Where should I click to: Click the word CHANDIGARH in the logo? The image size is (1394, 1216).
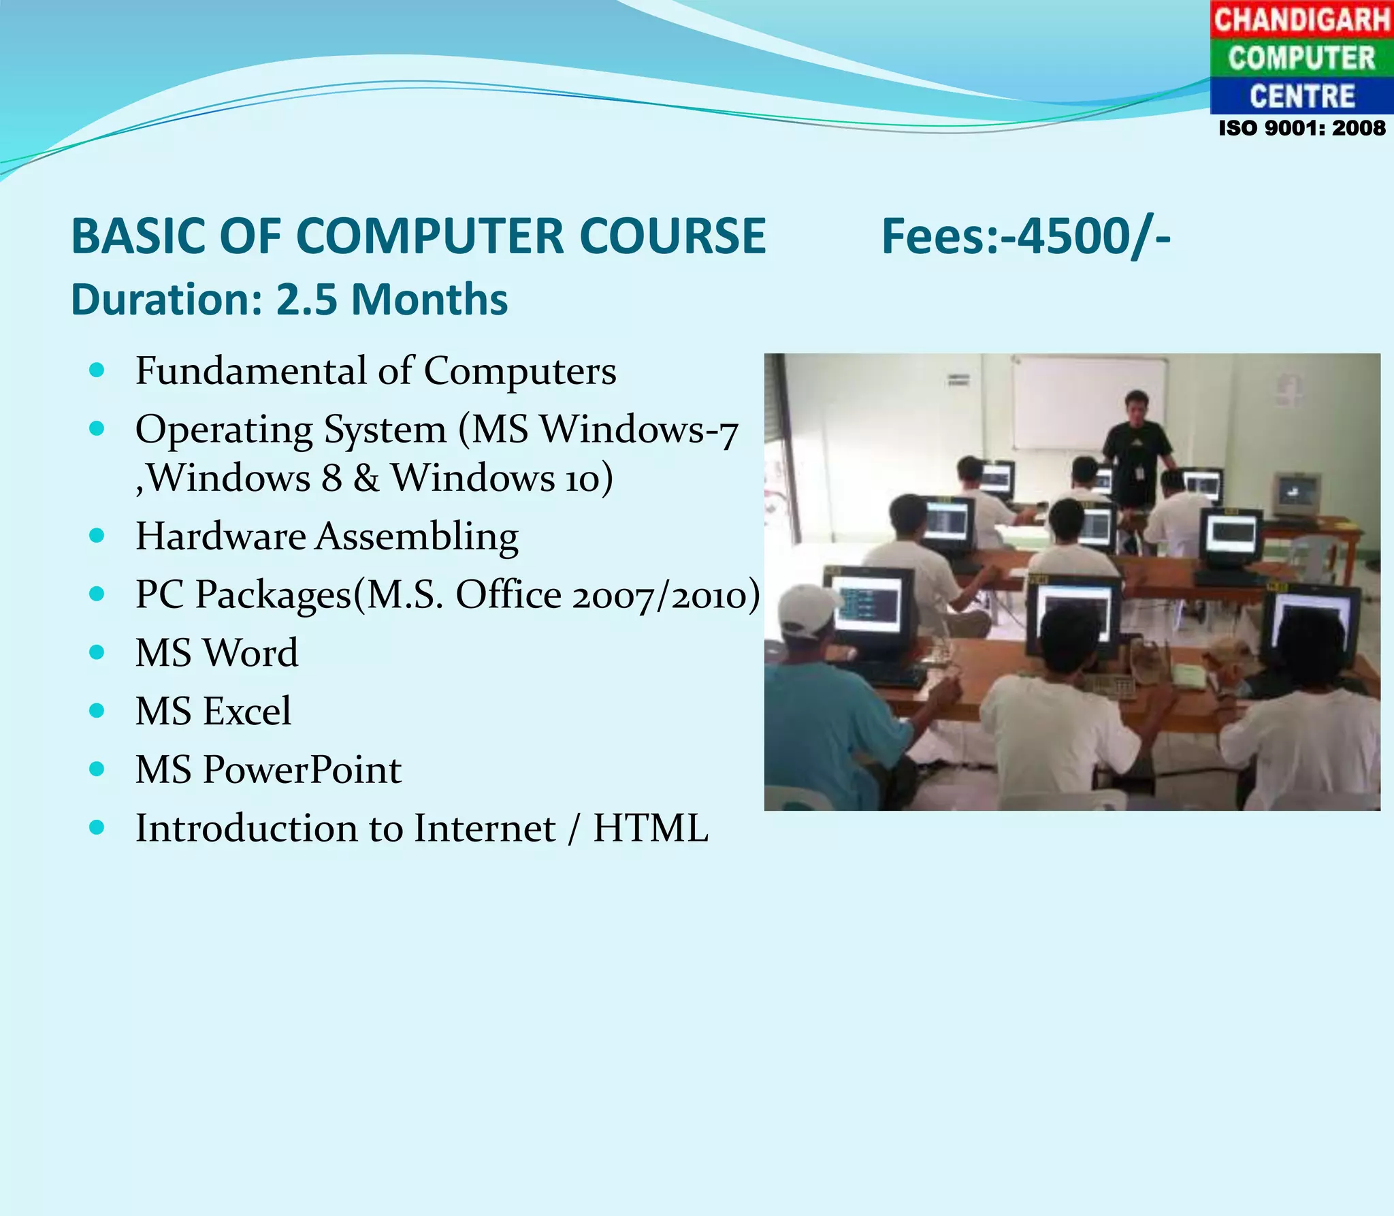1301,19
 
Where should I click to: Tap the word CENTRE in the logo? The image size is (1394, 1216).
1301,96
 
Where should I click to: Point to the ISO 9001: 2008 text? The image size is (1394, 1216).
1301,128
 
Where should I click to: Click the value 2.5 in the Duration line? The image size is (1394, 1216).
306,300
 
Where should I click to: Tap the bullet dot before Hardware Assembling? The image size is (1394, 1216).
97,536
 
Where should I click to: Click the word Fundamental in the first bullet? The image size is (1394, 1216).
250,371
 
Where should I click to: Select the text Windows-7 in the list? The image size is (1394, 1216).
639,430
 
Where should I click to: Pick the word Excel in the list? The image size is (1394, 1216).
247,711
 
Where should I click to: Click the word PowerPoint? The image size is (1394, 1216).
302,770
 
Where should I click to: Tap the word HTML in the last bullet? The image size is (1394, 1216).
650,829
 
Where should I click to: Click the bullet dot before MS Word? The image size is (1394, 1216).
97,652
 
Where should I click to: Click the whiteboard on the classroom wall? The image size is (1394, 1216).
1089,402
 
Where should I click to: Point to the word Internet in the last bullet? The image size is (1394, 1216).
484,829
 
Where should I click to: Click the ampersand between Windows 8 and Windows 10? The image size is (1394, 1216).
366,478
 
